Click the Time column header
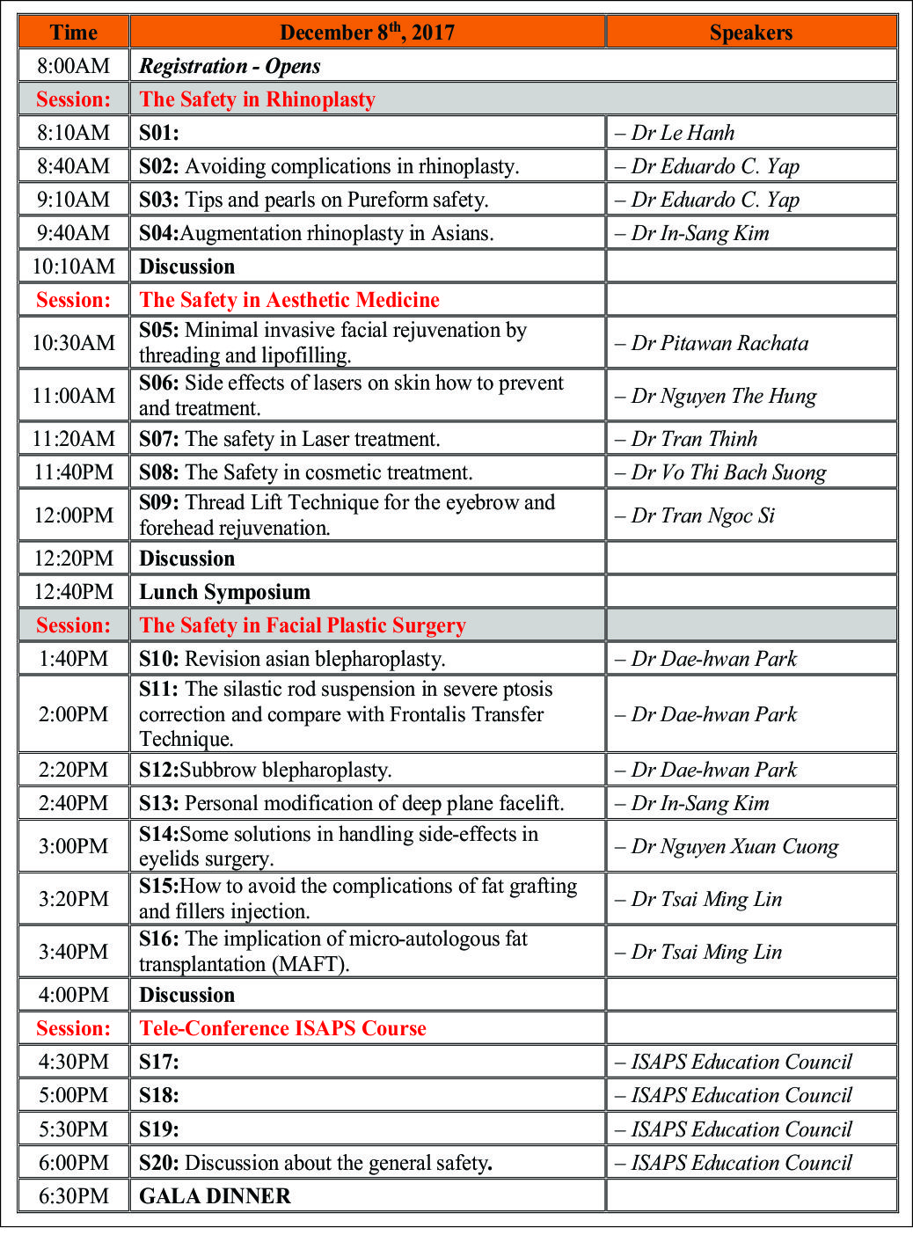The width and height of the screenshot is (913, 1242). [x=74, y=33]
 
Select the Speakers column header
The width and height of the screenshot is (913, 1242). [x=750, y=33]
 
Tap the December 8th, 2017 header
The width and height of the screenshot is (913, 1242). [x=367, y=33]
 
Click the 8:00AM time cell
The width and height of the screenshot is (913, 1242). [x=74, y=66]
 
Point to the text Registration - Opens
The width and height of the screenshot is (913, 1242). [x=230, y=66]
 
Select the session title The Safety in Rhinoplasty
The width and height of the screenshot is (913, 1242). [x=257, y=99]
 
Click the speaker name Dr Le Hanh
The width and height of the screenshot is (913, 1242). [x=683, y=133]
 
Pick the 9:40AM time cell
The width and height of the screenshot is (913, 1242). [x=74, y=233]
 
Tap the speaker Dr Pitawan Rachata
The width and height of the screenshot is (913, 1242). [x=719, y=343]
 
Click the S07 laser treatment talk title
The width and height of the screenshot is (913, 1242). [x=289, y=439]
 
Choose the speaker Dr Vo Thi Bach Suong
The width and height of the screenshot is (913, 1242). [x=727, y=472]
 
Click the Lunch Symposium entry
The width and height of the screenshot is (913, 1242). [x=224, y=592]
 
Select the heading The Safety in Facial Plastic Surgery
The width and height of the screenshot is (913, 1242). [x=303, y=625]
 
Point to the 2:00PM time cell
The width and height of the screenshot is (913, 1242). [x=74, y=714]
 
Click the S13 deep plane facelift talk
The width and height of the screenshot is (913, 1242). [x=351, y=803]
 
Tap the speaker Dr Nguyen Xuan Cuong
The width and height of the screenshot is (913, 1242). [x=734, y=846]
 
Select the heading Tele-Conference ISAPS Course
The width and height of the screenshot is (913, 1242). [x=282, y=1028]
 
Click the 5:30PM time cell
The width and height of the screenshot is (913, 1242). [x=74, y=1129]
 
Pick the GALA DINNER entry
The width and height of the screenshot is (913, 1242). [x=215, y=1196]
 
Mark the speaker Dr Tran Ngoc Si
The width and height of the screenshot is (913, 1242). [x=702, y=515]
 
